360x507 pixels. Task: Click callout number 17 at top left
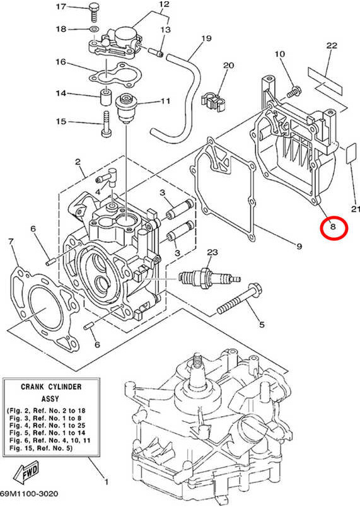61,7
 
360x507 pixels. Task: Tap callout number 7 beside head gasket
11,242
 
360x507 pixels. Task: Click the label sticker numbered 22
327,78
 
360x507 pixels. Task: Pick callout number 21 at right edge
354,209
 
